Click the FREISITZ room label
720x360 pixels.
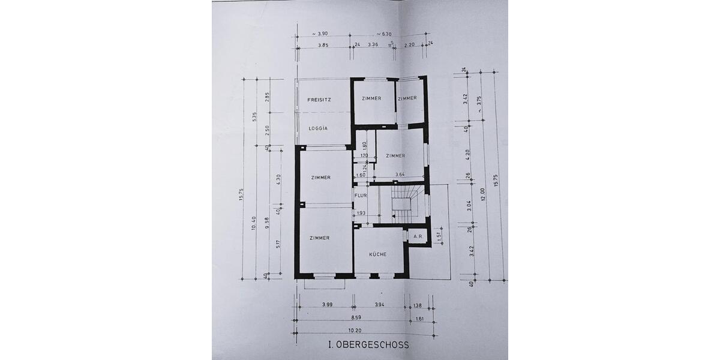pyautogui.click(x=319, y=99)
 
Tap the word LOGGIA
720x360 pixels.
pyautogui.click(x=317, y=129)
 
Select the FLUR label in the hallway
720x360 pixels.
pyautogui.click(x=361, y=196)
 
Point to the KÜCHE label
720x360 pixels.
pyautogui.click(x=377, y=254)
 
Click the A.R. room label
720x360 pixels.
pyautogui.click(x=418, y=237)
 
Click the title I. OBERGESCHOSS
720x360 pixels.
pyautogui.click(x=368, y=345)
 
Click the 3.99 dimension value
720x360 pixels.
pyautogui.click(x=327, y=305)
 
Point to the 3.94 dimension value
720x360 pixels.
pyautogui.click(x=379, y=305)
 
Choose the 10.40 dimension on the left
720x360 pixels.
pyautogui.click(x=254, y=223)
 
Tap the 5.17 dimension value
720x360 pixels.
pyautogui.click(x=278, y=245)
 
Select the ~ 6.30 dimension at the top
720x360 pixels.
pyautogui.click(x=383, y=34)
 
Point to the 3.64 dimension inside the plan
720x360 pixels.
pyautogui.click(x=400, y=175)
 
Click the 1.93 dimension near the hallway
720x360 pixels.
pyautogui.click(x=361, y=213)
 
